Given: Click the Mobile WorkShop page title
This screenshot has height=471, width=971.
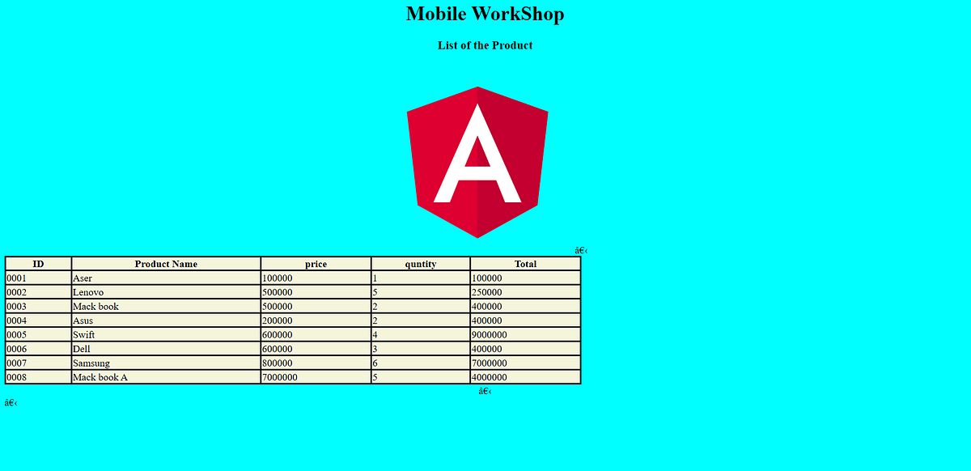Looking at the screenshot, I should coord(485,15).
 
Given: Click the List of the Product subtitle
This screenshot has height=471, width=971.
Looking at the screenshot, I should coord(485,45).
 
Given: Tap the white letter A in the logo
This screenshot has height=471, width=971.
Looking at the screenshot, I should coord(477,159).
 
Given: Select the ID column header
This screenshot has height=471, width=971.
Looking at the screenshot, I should coord(38,264).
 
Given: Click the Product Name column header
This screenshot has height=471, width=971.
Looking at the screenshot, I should coord(166,264).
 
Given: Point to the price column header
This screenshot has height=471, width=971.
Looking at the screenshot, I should coord(316,264).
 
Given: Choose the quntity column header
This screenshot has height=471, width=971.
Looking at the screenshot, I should coord(421,264).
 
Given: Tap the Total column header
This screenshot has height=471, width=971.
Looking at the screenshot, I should coord(525,264).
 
